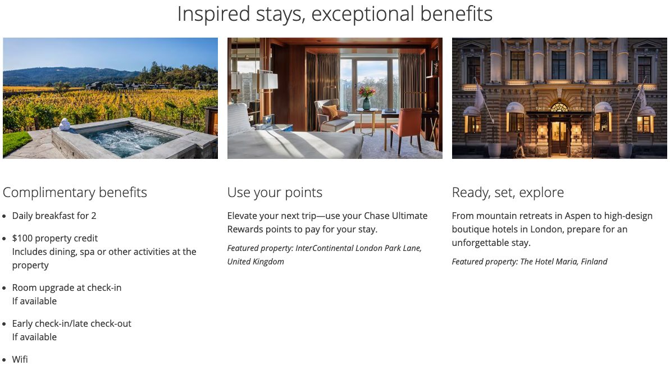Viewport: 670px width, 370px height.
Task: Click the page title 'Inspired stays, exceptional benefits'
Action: coord(335,13)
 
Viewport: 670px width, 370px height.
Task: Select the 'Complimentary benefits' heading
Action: coord(75,192)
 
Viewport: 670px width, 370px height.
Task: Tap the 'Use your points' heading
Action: coord(275,192)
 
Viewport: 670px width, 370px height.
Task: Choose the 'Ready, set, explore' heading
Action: coord(508,192)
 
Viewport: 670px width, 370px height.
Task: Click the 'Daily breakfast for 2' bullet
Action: coord(54,216)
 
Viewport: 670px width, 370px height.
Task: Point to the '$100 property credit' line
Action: coord(54,238)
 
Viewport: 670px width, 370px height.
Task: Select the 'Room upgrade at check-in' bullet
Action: coord(67,287)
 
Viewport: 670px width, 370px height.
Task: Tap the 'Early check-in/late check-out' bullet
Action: coord(71,323)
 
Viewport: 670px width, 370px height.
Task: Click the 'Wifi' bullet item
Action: coord(20,359)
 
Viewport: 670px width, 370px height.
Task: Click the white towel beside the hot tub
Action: coord(65,124)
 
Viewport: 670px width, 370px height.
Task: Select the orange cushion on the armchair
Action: coord(330,112)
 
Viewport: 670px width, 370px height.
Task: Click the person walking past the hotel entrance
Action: coord(519,145)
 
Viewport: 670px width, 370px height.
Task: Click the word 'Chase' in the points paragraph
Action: coord(376,216)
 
